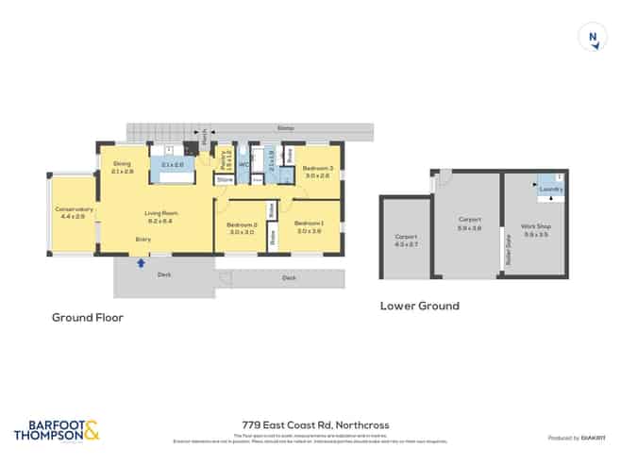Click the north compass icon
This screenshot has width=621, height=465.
click(592, 38)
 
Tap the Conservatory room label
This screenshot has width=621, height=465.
click(74, 208)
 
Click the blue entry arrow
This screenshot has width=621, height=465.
click(141, 263)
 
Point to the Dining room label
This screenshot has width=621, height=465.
click(123, 163)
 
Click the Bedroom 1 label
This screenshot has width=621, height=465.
click(310, 224)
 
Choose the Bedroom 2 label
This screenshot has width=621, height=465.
click(242, 224)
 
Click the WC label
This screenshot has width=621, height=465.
click(243, 164)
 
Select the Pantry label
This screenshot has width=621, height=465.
click(223, 157)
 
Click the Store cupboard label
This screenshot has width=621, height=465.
click(225, 178)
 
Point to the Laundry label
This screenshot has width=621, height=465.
click(551, 190)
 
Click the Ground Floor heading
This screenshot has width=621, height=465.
click(87, 318)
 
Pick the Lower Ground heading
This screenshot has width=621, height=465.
click(419, 306)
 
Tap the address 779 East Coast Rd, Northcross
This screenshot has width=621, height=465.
click(310, 424)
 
